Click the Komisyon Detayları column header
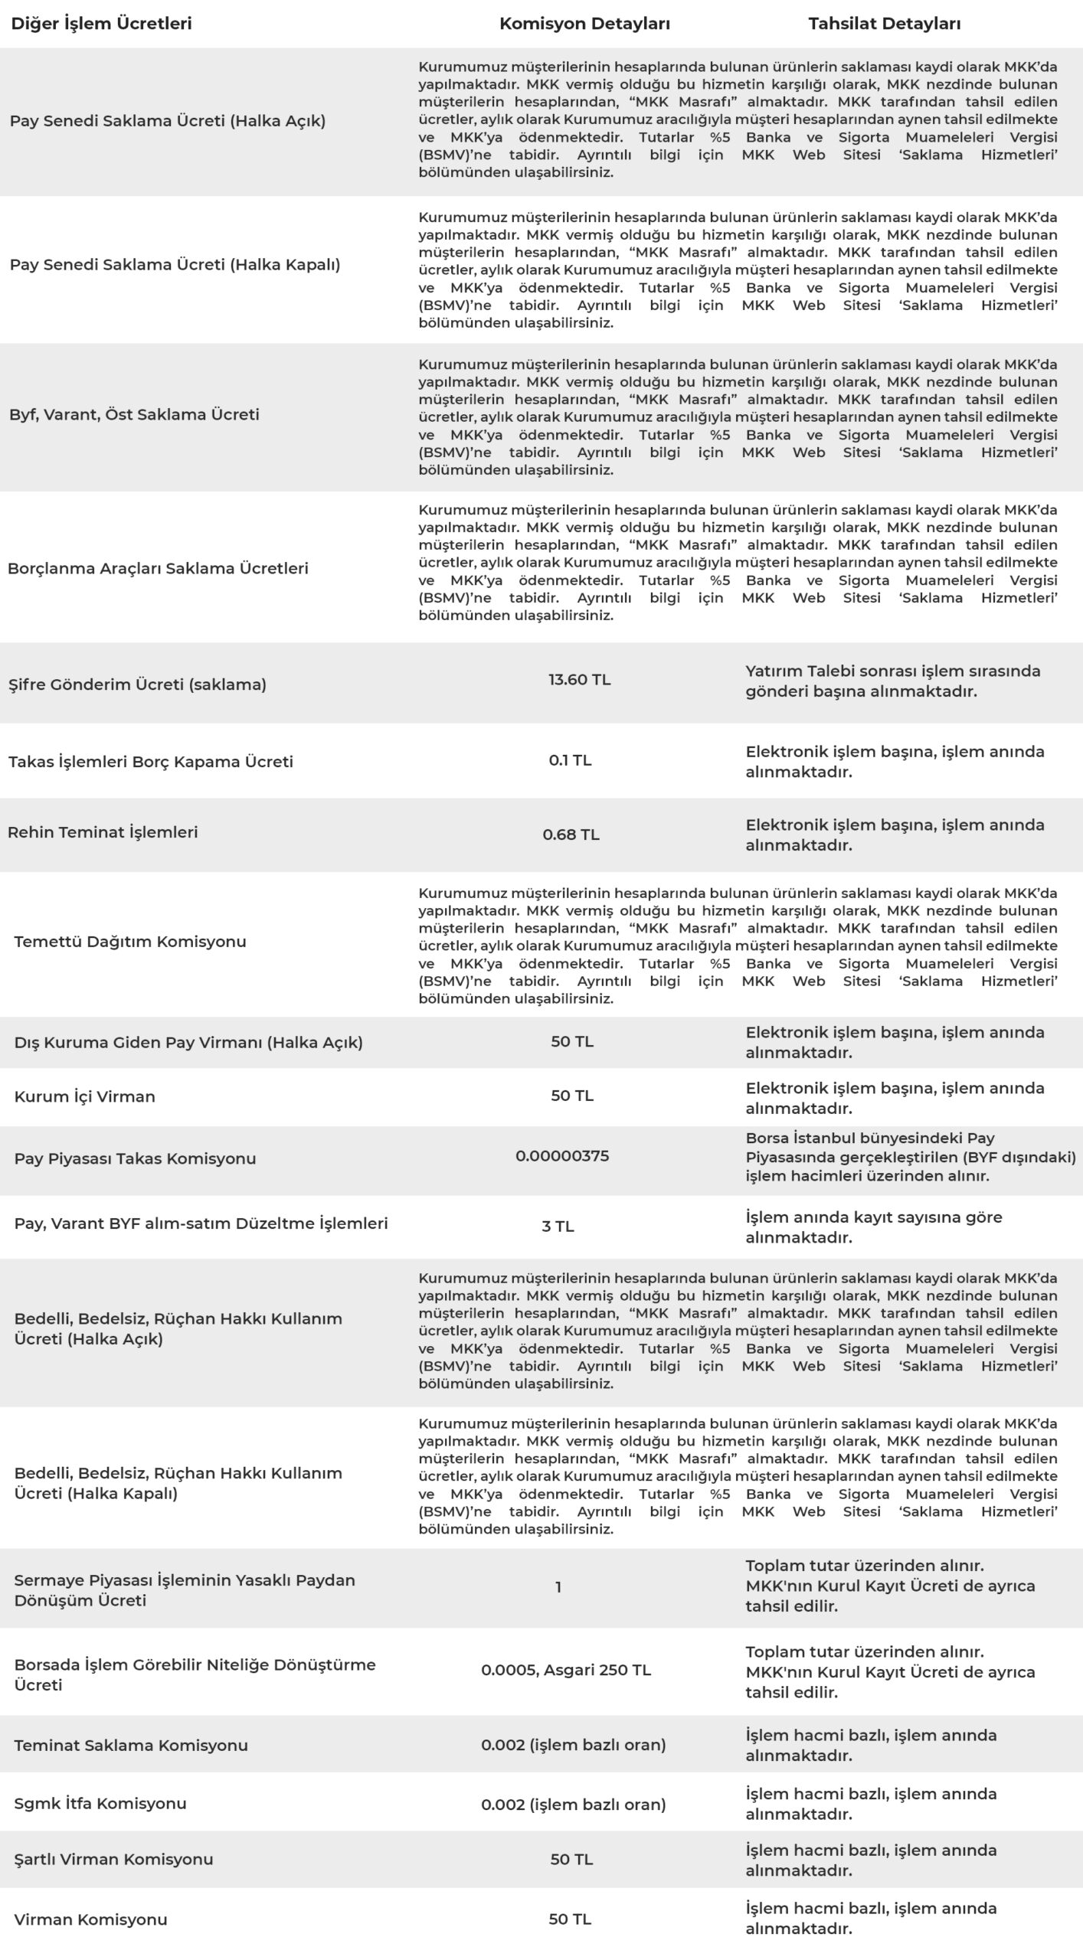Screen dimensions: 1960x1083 click(x=584, y=24)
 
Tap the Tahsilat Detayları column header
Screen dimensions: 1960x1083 click(x=884, y=24)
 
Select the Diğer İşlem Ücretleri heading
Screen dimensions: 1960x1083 click(x=101, y=24)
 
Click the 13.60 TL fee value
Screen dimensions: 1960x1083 click(x=579, y=680)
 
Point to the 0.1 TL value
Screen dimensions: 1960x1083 click(x=570, y=760)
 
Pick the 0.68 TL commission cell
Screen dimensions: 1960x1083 click(x=571, y=835)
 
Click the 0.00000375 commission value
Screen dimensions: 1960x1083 click(x=562, y=1156)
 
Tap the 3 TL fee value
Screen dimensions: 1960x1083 click(x=558, y=1227)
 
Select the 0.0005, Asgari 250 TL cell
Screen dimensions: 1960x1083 click(x=566, y=1670)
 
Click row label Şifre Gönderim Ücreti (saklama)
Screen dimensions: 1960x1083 click(x=137, y=684)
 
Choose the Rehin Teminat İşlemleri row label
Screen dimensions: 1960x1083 click(x=103, y=832)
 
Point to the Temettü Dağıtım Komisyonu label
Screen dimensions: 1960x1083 click(x=130, y=942)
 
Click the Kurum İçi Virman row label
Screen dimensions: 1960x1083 click(x=84, y=1096)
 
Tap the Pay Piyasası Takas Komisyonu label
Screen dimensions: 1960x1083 click(x=135, y=1158)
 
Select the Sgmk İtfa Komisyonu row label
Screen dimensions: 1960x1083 click(x=100, y=1803)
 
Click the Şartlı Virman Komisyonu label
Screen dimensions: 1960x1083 click(x=113, y=1859)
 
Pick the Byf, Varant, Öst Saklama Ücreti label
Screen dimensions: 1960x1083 click(x=134, y=414)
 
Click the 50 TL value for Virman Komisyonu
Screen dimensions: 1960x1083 click(x=570, y=1919)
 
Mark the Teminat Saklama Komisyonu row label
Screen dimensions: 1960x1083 click(x=131, y=1745)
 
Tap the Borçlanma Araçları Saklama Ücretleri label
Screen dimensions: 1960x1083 click(x=158, y=568)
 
